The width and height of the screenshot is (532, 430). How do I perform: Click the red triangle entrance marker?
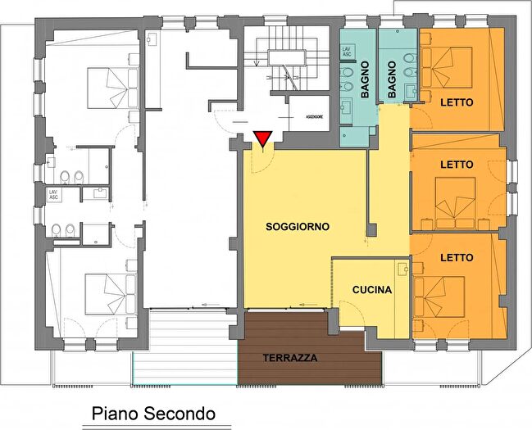pos(261,139)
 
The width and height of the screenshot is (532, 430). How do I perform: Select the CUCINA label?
pos(371,290)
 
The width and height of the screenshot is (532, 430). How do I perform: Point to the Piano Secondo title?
pos(152,414)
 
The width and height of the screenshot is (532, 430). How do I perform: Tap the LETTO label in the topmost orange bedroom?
pos(457,102)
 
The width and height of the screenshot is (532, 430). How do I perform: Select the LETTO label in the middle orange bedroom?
pos(457,165)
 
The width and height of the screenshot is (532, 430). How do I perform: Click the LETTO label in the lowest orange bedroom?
pos(457,257)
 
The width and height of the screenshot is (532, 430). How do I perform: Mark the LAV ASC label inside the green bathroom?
pos(348,53)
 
